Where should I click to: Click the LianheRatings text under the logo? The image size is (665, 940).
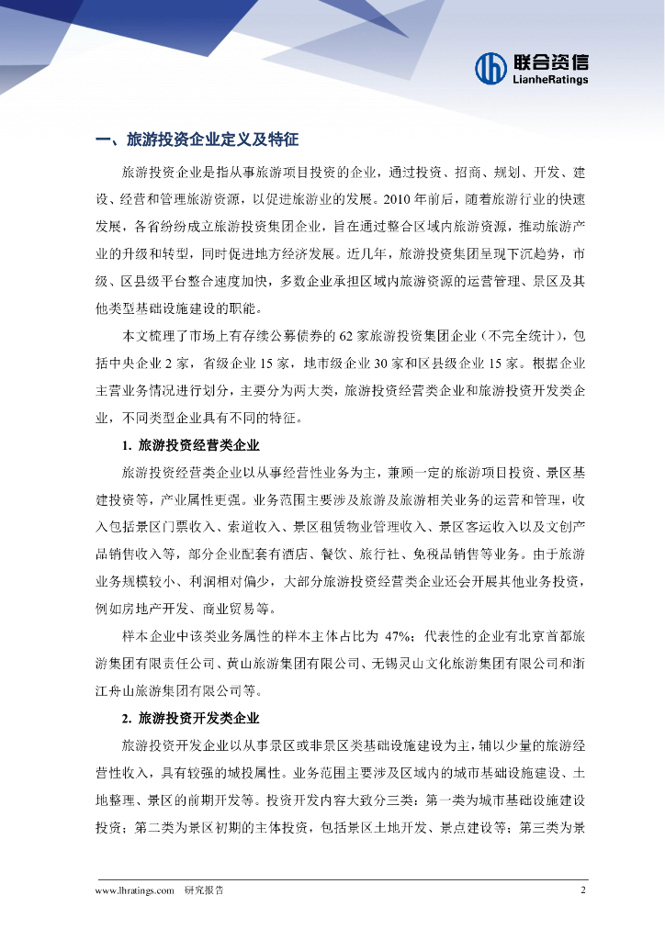click(549, 80)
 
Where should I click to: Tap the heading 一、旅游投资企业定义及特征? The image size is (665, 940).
click(197, 140)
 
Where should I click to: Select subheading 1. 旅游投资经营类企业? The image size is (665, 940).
click(190, 446)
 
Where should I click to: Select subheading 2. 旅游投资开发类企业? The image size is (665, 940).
click(190, 718)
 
